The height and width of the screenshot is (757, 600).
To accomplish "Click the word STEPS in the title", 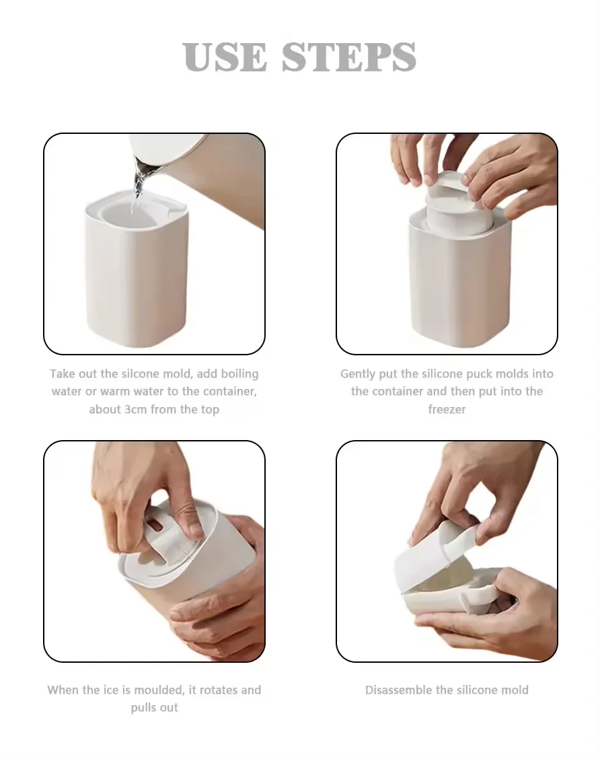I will click(349, 57).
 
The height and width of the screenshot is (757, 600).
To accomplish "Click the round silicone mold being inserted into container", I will click(459, 209).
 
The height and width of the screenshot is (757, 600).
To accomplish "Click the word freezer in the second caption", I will click(447, 409).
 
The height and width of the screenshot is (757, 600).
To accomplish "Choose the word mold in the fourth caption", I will click(514, 690).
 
